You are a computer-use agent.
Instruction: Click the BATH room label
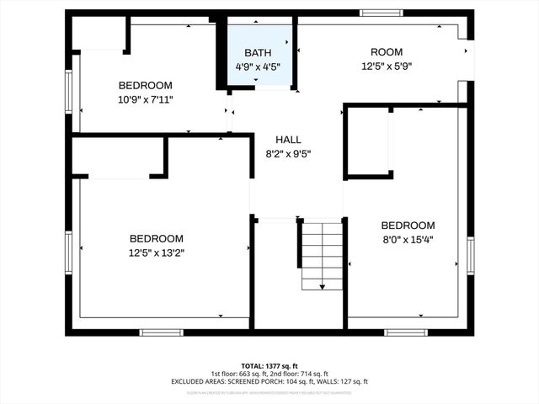257,52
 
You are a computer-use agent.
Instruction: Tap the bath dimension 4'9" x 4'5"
257,66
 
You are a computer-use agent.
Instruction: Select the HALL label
288,140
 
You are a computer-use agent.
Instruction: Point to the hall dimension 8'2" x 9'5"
288,154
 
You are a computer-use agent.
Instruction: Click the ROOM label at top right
387,52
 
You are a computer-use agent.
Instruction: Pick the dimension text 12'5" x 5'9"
387,66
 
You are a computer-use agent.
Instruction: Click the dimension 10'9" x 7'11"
145,99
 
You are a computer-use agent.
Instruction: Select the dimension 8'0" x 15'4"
408,239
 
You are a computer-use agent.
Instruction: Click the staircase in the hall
322,252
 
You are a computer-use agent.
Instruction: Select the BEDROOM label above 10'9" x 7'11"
145,85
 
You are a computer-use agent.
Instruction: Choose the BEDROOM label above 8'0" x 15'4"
408,225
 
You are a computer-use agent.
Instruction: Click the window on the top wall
382,13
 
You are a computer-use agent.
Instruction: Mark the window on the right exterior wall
470,256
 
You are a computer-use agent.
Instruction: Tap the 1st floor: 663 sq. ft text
237,373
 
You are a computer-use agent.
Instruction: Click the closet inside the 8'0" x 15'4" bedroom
369,141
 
